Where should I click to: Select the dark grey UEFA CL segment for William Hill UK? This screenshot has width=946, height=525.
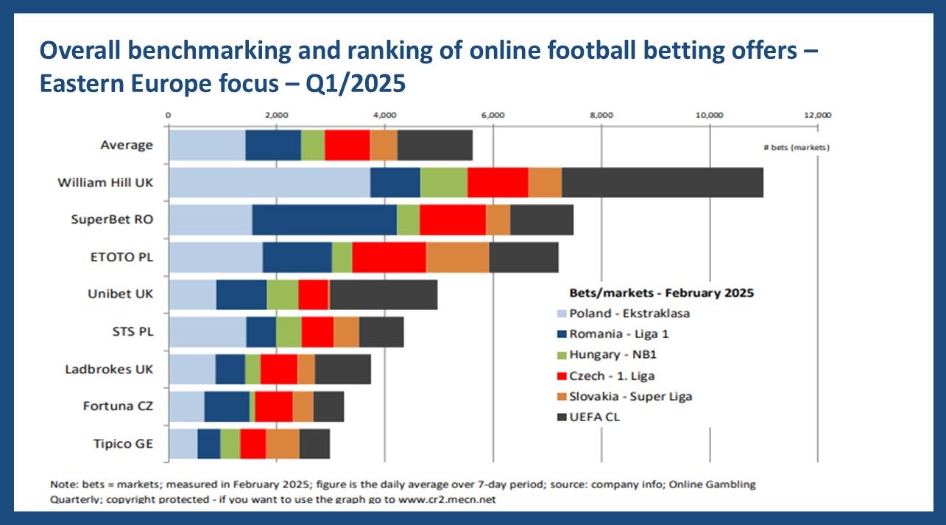click(662, 182)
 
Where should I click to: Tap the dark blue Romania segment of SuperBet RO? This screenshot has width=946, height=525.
click(324, 219)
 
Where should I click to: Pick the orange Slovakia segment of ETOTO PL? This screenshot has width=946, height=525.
click(457, 257)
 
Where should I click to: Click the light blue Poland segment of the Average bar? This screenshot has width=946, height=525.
click(207, 144)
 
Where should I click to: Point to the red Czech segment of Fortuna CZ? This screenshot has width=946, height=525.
click(274, 406)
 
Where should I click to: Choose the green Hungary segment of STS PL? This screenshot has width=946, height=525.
click(289, 332)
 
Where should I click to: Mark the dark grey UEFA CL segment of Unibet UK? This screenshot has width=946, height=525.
click(384, 295)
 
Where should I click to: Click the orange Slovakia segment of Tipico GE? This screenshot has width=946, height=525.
click(283, 444)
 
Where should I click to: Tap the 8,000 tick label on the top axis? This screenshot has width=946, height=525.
click(601, 115)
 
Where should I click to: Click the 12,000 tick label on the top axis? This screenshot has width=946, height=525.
click(818, 115)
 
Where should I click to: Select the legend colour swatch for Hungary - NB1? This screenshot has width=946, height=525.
click(562, 355)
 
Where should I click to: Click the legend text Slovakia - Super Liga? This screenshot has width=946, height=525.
click(631, 396)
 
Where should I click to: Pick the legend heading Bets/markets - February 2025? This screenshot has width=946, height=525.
click(661, 292)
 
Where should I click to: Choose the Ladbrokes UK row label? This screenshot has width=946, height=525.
click(109, 369)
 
